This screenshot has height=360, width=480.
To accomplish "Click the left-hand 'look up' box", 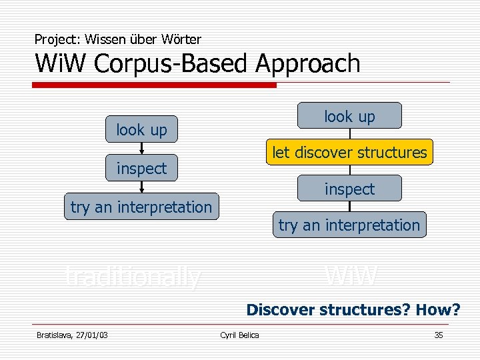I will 141,129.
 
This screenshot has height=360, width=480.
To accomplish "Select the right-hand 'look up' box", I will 349,116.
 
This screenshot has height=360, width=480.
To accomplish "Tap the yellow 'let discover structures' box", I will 349,152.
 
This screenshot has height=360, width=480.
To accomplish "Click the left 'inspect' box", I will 141,168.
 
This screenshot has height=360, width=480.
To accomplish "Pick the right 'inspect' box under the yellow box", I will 349,189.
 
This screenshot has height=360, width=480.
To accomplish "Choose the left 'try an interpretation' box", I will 141,207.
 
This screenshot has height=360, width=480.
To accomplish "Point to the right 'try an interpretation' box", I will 349,225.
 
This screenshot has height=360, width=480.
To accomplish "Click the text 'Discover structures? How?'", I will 353,310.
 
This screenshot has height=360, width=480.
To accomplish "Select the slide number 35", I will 438,335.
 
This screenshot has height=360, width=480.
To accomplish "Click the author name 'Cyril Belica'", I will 239,335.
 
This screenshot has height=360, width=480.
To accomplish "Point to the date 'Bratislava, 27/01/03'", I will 72,335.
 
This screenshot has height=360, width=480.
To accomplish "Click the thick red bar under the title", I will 154,85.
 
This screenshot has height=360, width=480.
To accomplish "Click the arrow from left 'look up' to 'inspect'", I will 141,149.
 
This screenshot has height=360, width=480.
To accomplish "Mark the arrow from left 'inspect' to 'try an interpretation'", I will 141,187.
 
